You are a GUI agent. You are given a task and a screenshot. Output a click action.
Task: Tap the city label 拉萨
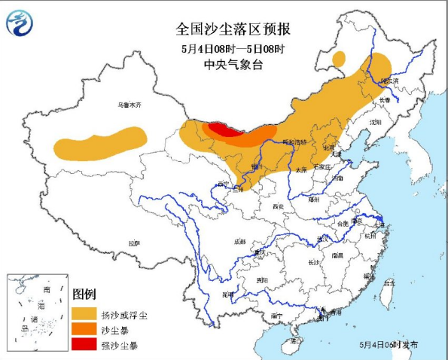point(134,243)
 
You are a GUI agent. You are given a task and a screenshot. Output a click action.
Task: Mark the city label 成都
point(239,241)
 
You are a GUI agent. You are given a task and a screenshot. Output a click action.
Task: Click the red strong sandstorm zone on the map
point(220,129)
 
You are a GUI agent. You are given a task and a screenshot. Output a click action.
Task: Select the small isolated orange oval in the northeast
point(340,57)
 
